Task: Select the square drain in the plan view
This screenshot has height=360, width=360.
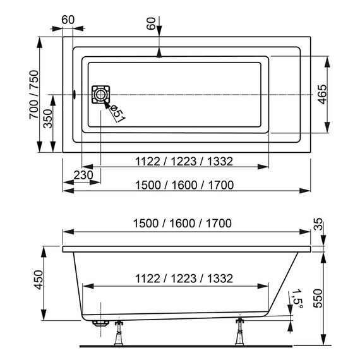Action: (x=100, y=95)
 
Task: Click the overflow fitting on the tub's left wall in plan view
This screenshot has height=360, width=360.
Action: (x=74, y=95)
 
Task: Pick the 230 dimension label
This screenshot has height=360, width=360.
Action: (x=83, y=175)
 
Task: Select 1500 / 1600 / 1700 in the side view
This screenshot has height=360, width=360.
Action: (x=184, y=224)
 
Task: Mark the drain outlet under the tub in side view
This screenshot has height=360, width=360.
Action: (x=99, y=322)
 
